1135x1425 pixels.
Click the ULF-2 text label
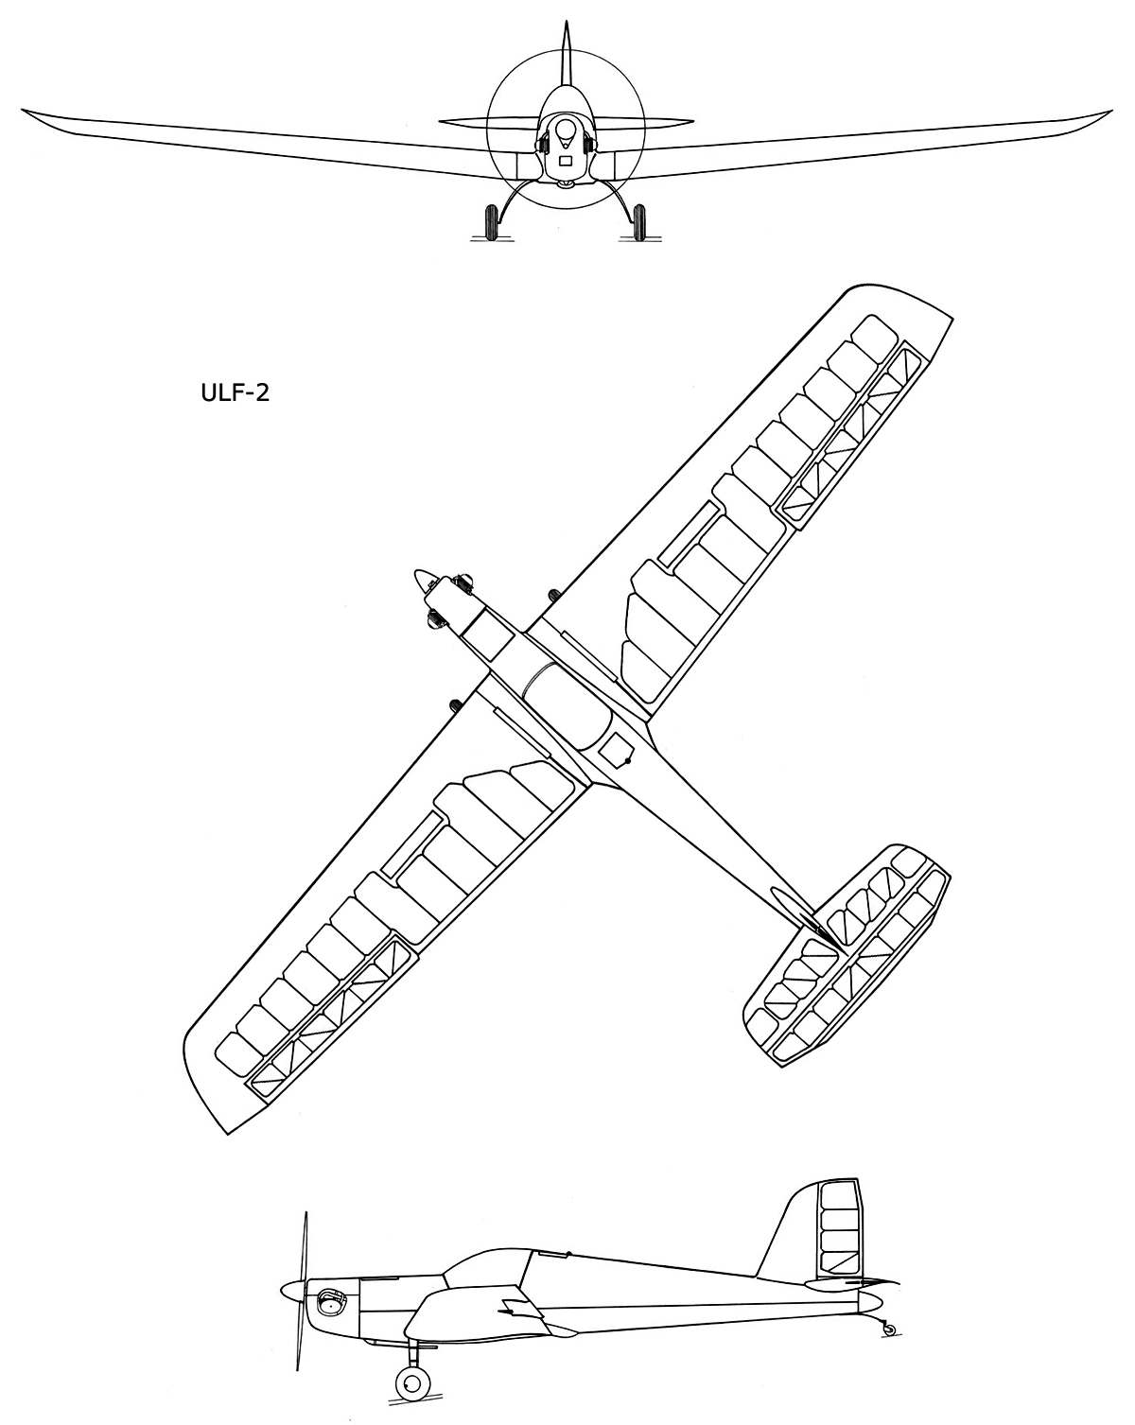click(236, 393)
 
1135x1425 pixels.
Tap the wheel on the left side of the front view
click(492, 222)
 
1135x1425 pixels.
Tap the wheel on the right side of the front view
click(638, 222)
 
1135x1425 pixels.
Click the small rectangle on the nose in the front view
click(566, 160)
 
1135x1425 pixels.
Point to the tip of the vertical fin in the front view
click(566, 22)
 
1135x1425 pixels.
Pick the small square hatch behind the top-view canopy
click(615, 749)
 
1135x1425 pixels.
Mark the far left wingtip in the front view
click(23, 110)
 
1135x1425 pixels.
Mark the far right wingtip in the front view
click(1111, 111)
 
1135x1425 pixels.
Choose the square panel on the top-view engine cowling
click(487, 635)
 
